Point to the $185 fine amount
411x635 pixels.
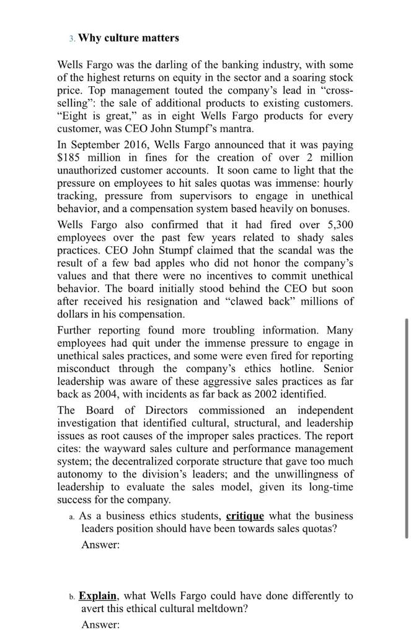coord(71,158)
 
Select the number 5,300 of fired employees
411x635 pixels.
coord(337,224)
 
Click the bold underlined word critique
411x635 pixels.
coord(245,516)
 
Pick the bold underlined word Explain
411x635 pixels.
coord(98,596)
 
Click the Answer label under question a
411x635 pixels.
coord(100,544)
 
